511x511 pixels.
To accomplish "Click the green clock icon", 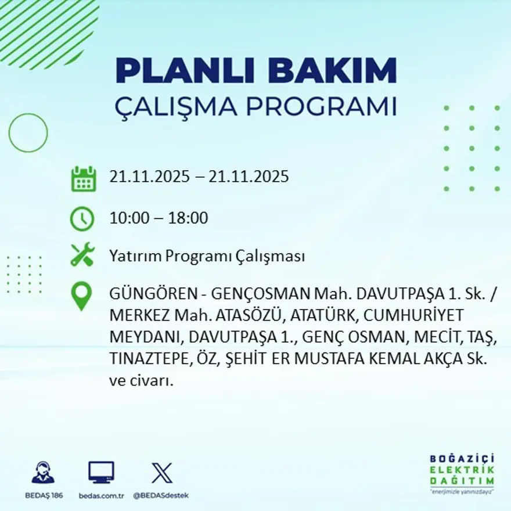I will click(82, 218).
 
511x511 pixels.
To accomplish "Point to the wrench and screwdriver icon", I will click(82, 255).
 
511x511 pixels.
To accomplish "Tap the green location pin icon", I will click(82, 295).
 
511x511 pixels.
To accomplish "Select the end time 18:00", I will click(188, 219).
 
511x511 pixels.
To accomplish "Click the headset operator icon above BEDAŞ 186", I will click(43, 473).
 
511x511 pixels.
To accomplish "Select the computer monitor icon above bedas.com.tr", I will click(101, 472).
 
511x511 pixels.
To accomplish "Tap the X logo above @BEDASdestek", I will click(161, 473).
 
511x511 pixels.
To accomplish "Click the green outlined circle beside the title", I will click(28, 132).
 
